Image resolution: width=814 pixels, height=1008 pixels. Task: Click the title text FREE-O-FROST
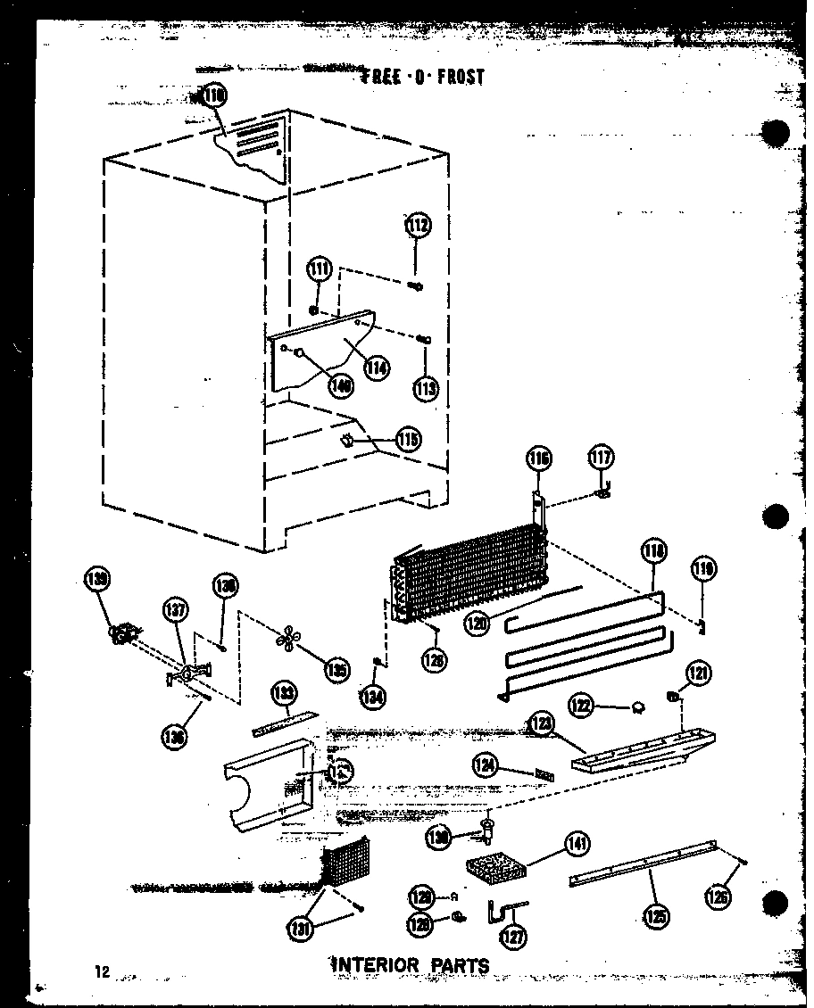coord(421,77)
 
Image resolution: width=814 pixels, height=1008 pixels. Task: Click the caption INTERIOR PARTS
coord(411,964)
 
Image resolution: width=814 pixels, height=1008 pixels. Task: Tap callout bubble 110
coord(214,95)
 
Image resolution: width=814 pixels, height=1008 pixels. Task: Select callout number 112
coord(417,227)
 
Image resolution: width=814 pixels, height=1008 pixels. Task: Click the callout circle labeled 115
coord(408,440)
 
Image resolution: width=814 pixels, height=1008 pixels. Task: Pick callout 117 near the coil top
coord(601,458)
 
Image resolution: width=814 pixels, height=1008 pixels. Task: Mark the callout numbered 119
coord(704,568)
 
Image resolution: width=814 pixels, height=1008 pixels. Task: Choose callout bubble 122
coord(582,706)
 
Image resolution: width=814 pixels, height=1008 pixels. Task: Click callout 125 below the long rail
coord(655,917)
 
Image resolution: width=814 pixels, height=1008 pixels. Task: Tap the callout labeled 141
coord(577,844)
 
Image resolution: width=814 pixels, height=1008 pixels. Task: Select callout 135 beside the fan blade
coord(336,668)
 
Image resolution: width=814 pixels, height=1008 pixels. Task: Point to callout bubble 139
coord(96,581)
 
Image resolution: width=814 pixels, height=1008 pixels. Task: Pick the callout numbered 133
coord(285,694)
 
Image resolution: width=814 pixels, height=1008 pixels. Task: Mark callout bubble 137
coord(176,612)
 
